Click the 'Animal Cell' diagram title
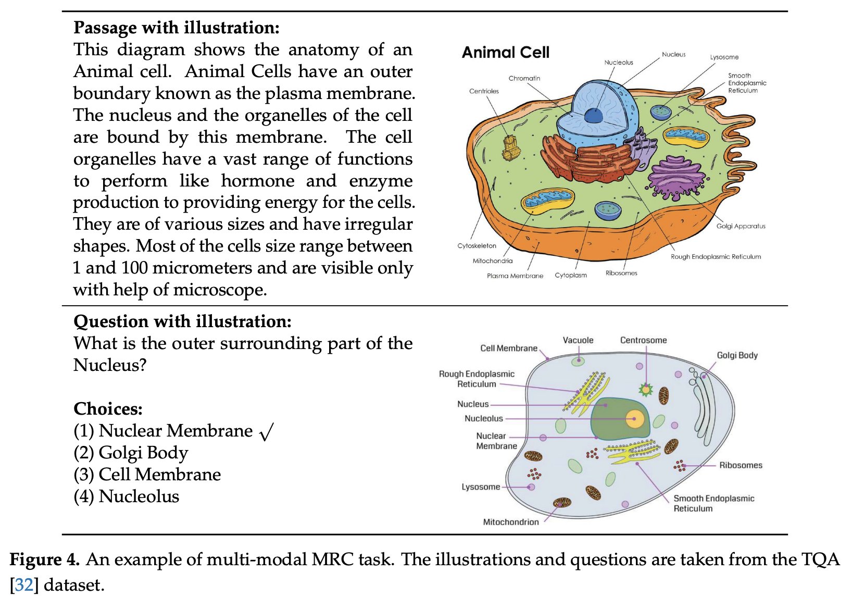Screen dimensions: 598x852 pyautogui.click(x=505, y=53)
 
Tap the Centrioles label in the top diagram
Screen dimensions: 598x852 pyautogui.click(x=484, y=91)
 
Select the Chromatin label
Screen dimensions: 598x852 pyautogui.click(x=524, y=78)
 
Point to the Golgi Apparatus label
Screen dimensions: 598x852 pyautogui.click(x=741, y=226)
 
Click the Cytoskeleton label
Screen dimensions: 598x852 pyautogui.click(x=477, y=246)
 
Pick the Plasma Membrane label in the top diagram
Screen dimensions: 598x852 pyautogui.click(x=515, y=276)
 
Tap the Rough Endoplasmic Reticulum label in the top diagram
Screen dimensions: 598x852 pyautogui.click(x=716, y=257)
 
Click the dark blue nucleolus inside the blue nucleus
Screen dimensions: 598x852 pyautogui.click(x=593, y=115)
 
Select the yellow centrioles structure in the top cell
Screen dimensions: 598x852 pyautogui.click(x=511, y=147)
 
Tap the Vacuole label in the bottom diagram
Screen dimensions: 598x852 pyautogui.click(x=578, y=340)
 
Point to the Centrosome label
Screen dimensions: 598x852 pyautogui.click(x=643, y=340)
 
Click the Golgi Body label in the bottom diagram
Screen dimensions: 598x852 pyautogui.click(x=737, y=355)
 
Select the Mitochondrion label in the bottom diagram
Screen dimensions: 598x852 pyautogui.click(x=510, y=522)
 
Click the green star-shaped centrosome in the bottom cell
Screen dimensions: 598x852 pyautogui.click(x=646, y=389)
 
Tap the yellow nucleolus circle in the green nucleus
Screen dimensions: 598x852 pyautogui.click(x=634, y=419)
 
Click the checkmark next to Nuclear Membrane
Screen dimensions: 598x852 pyautogui.click(x=266, y=432)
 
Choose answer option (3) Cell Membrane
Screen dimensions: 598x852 pyautogui.click(x=147, y=475)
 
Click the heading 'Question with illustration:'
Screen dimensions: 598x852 pyautogui.click(x=182, y=321)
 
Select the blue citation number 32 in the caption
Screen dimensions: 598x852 pyautogui.click(x=24, y=585)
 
